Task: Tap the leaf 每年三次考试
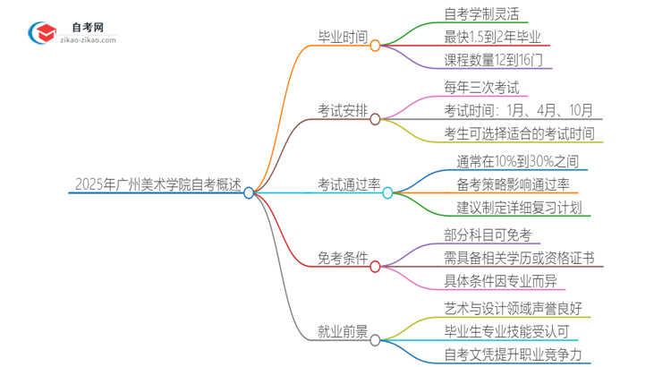tap(480, 88)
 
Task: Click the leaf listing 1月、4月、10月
tap(518, 111)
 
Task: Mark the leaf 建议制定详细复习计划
tap(519, 209)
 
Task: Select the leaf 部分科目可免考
tap(488, 235)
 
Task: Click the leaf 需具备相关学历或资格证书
tap(518, 259)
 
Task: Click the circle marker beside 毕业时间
tap(375, 45)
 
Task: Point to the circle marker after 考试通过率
tap(387, 192)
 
